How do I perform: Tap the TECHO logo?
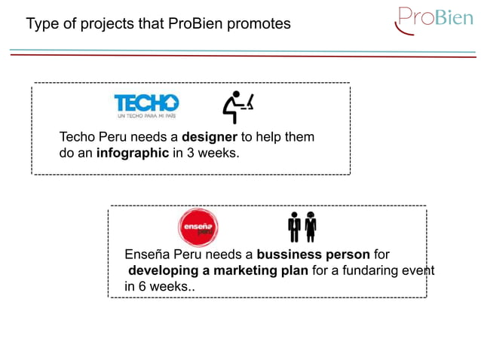146,103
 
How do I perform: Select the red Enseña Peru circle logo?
198,228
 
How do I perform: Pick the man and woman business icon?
302,227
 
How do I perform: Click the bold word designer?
210,138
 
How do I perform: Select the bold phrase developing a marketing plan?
218,270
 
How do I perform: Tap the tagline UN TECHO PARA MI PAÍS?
146,117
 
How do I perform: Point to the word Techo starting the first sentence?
78,138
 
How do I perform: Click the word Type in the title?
42,24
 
